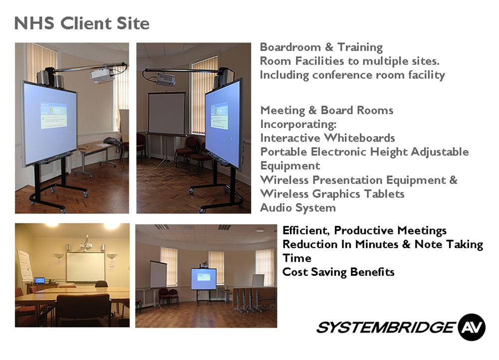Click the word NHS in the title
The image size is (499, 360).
pyautogui.click(x=34, y=23)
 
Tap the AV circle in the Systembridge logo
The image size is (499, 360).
pyautogui.click(x=472, y=327)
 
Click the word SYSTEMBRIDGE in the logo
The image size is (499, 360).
pyautogui.click(x=386, y=327)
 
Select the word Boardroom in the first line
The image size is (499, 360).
pyautogui.click(x=290, y=47)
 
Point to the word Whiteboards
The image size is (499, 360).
pyautogui.click(x=360, y=138)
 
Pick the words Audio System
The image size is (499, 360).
pyautogui.click(x=298, y=207)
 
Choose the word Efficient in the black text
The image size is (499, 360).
pyautogui.click(x=306, y=230)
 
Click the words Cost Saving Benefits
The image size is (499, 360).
pyautogui.click(x=339, y=272)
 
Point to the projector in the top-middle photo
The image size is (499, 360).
pyautogui.click(x=165, y=79)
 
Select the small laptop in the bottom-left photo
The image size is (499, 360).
pyautogui.click(x=39, y=280)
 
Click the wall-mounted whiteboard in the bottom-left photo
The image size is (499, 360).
pyautogui.click(x=85, y=267)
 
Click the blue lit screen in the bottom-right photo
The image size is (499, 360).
pyautogui.click(x=204, y=279)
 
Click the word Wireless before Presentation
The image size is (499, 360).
pyautogui.click(x=284, y=180)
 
